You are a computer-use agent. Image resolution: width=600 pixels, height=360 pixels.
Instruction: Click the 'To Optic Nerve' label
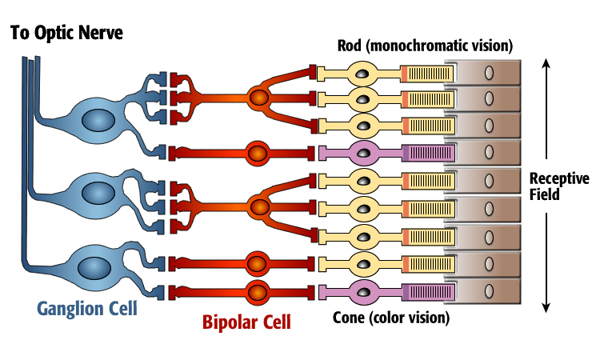[67, 34]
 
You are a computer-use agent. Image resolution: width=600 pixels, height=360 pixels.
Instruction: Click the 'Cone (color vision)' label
[390, 318]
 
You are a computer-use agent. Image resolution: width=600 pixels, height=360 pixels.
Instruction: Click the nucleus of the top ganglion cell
[98, 120]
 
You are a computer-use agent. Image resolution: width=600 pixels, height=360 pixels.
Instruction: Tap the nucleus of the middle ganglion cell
[98, 193]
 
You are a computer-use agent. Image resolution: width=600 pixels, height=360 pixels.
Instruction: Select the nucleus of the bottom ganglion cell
[98, 264]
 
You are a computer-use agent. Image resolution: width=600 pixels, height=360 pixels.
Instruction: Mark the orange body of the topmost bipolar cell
[259, 98]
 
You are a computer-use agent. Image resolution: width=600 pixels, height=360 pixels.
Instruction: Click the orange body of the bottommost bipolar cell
[258, 290]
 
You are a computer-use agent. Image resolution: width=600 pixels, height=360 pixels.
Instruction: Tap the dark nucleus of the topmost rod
[364, 74]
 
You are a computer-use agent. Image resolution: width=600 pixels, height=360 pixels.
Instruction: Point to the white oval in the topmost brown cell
[489, 74]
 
